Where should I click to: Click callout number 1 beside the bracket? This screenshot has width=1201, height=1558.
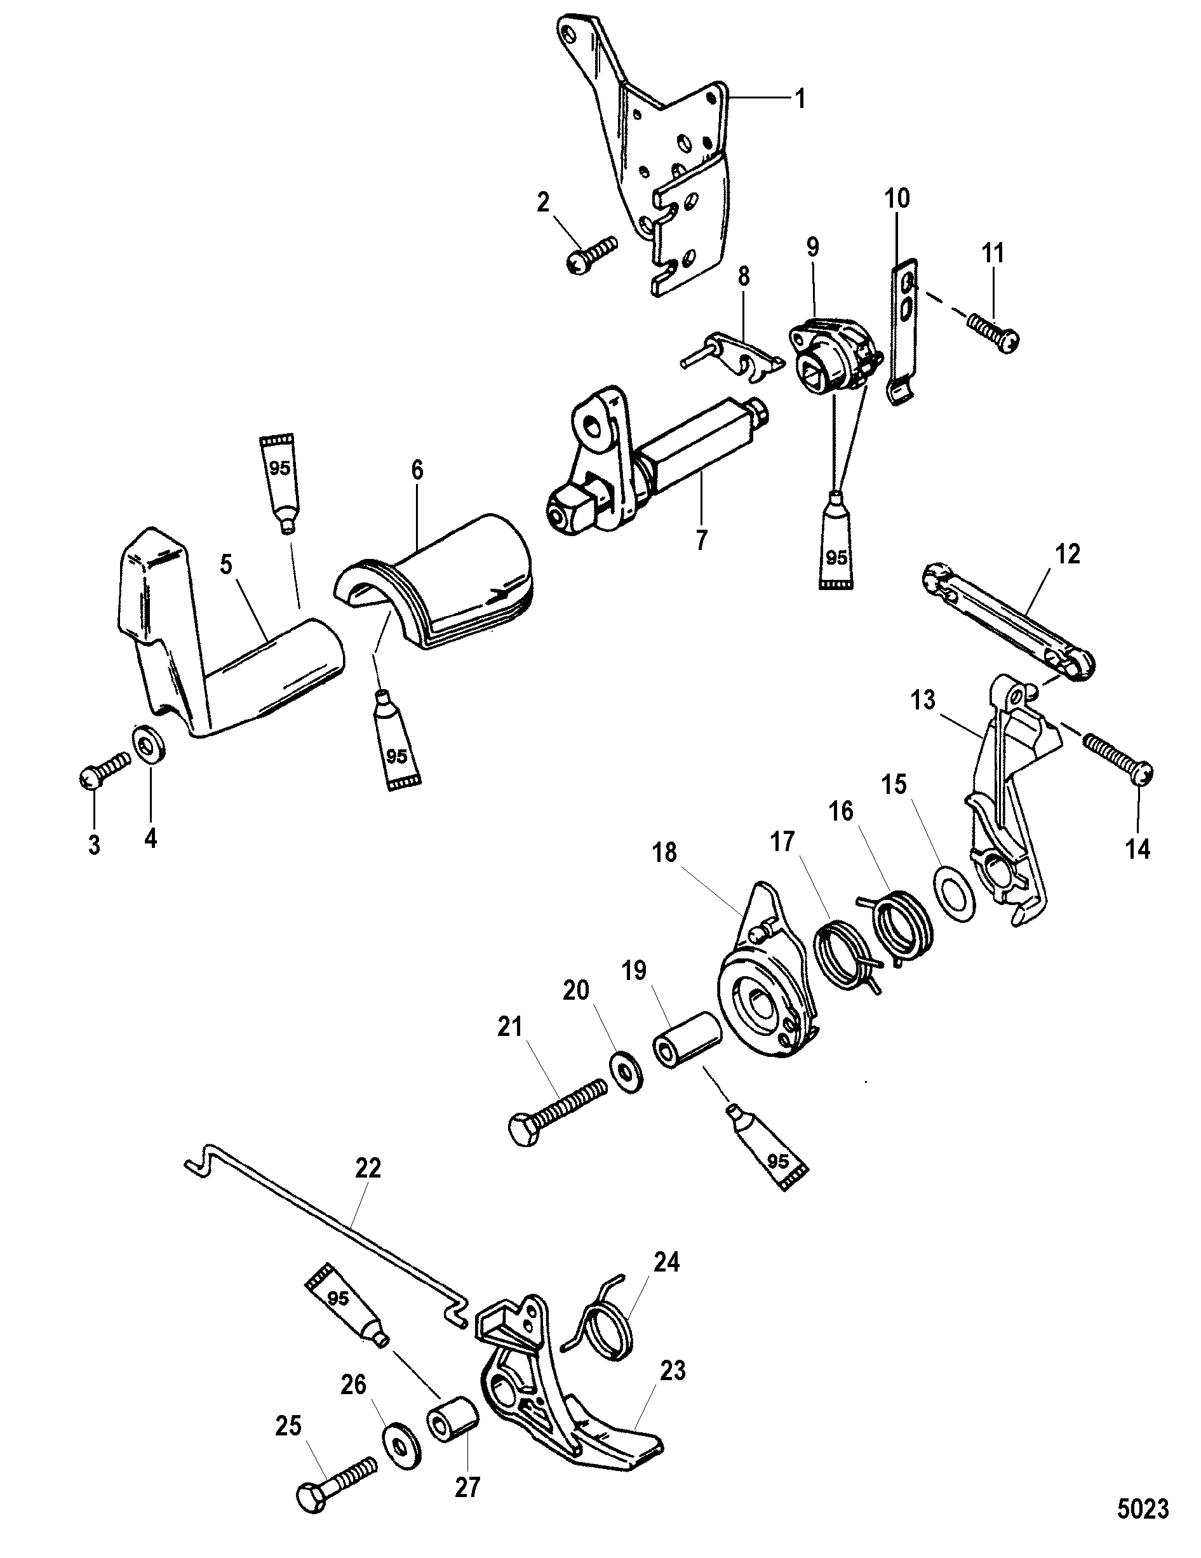[x=801, y=99]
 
